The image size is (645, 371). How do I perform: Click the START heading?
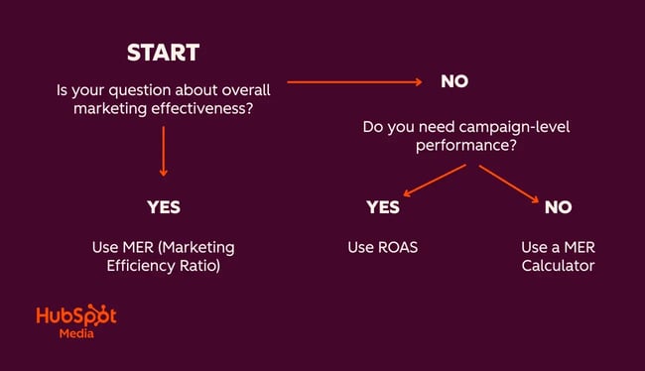(163, 53)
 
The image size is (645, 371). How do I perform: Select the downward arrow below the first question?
(163, 155)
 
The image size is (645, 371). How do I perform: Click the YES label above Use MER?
(163, 207)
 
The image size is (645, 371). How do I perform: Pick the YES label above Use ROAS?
(382, 207)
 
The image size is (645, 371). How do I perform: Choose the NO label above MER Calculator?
(558, 207)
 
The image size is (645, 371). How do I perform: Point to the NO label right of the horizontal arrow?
(454, 81)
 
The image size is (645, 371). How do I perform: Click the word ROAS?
(397, 247)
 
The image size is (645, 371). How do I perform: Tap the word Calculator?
(558, 266)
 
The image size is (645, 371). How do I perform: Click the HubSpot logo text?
(76, 316)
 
